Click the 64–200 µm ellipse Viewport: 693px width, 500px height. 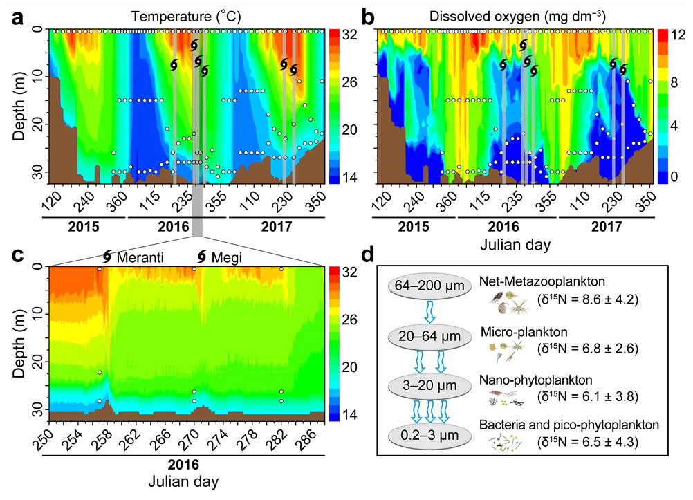pyautogui.click(x=425, y=285)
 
